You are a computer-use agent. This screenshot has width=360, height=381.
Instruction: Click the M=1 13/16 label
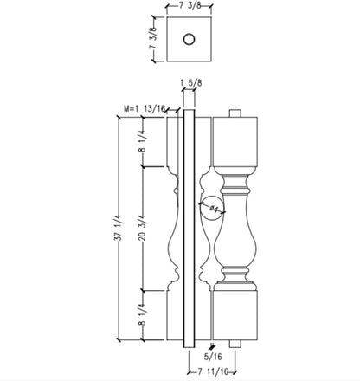146,108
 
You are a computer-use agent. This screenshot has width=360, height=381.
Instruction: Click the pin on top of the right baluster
236,113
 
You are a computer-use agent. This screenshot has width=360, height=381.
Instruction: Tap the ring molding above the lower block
236,278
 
